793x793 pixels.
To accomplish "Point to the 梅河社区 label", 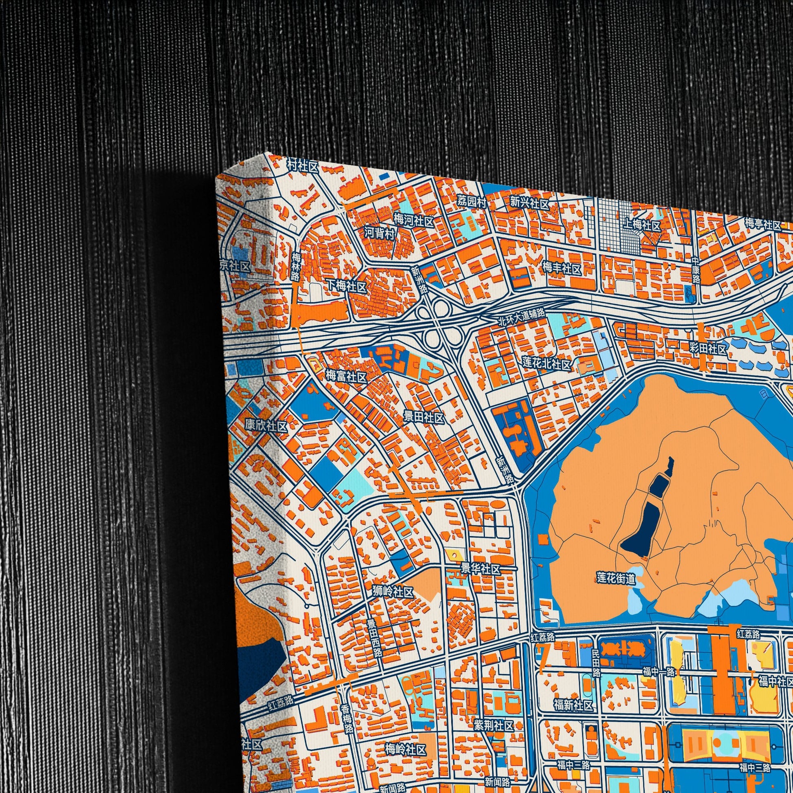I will coord(413,221).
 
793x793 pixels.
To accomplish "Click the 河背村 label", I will coord(379,233).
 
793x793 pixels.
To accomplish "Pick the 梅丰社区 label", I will coord(562,269).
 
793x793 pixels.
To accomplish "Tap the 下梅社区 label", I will coord(346,286).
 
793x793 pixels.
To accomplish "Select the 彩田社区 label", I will coord(707,349).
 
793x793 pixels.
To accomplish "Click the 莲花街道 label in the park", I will coord(616,579).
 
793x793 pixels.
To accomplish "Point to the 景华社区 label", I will coord(480,569).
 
